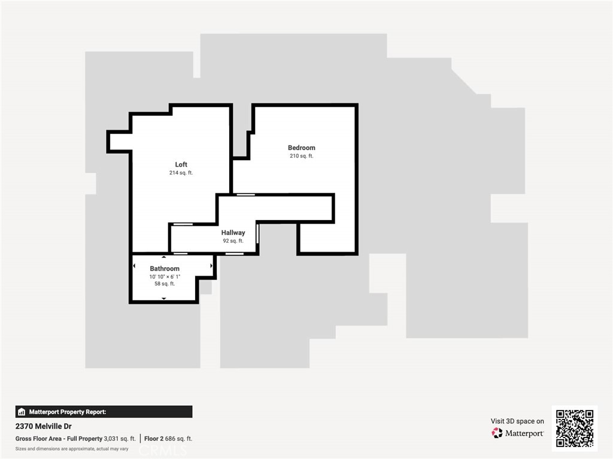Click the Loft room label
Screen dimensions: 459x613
point(181,164)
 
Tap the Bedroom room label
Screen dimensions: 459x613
point(301,148)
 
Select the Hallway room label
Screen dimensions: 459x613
point(233,232)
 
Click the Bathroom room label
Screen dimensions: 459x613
point(165,269)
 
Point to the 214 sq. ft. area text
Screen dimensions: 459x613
point(181,173)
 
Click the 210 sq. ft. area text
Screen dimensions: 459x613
point(301,156)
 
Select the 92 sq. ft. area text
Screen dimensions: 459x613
point(233,241)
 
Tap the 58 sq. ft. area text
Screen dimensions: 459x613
point(165,284)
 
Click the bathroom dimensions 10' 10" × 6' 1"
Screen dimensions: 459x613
point(165,277)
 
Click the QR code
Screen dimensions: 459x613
point(574,428)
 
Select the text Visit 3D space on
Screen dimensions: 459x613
point(517,421)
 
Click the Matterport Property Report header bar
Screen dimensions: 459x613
point(104,412)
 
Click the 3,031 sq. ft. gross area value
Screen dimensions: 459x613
point(120,439)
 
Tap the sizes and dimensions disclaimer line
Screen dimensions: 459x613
point(72,448)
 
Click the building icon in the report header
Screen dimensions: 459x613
point(22,412)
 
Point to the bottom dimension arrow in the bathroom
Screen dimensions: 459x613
point(164,298)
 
